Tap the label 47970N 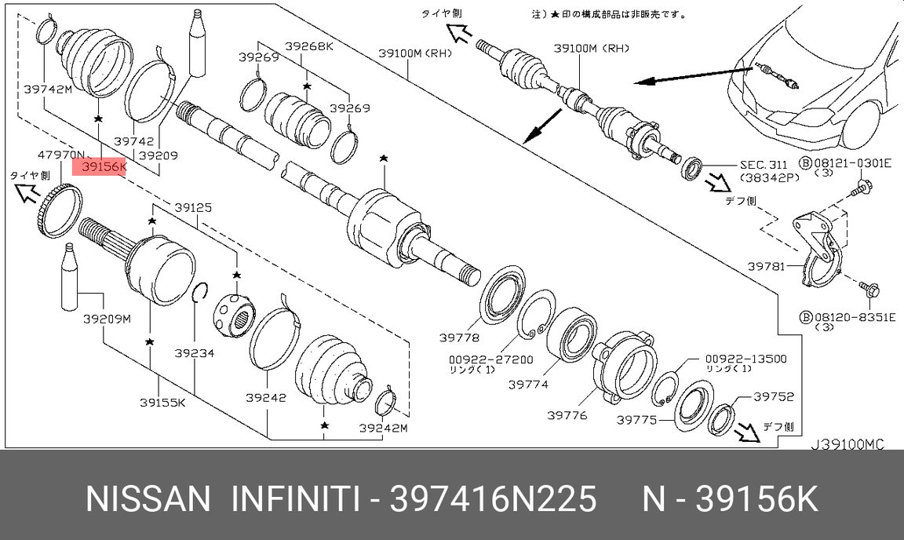tap(60, 155)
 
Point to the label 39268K tap(308, 46)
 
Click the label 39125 tap(192, 208)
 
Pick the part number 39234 tap(194, 353)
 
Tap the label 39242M tap(383, 429)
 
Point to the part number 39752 tap(774, 397)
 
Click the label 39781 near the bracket tap(765, 267)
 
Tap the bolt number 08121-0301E tap(852, 163)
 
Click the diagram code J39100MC tap(847, 445)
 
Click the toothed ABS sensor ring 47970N tap(59, 210)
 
